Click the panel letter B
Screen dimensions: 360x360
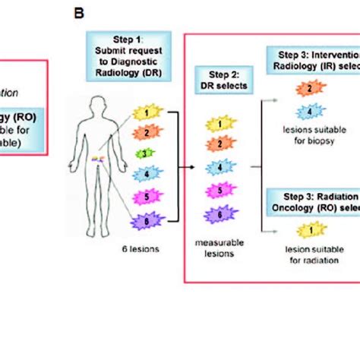(x=78, y=12)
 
